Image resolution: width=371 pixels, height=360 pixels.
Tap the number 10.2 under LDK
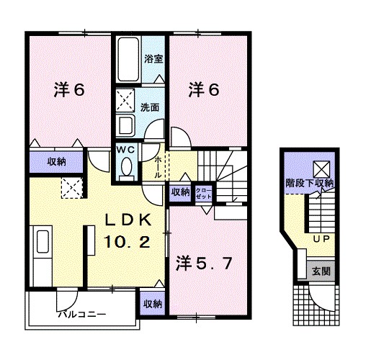tap(128, 243)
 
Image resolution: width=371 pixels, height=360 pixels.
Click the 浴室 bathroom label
tap(153, 58)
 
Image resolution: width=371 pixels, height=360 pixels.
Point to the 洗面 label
tap(150, 107)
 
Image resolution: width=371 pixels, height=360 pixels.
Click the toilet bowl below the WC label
tap(127, 167)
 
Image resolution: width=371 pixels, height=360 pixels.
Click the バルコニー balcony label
tap(82, 315)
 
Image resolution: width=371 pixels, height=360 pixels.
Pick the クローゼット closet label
tap(204, 192)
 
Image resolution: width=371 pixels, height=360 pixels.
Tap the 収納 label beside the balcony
tap(152, 304)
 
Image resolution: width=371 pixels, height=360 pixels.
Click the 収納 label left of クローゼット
tap(180, 192)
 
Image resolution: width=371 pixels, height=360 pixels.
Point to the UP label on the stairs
tap(321, 238)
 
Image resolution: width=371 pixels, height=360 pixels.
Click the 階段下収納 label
tap(310, 184)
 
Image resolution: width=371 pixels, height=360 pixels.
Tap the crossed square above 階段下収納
tap(322, 168)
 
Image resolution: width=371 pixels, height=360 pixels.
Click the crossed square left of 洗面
tap(126, 97)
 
